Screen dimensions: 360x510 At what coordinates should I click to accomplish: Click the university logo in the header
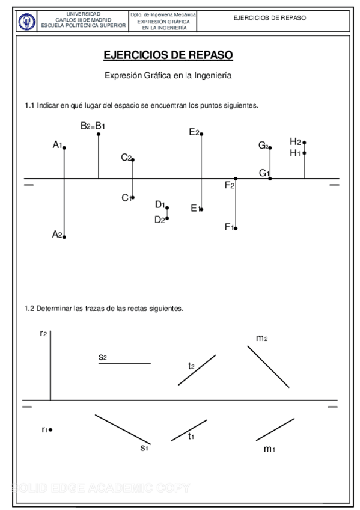pyautogui.click(x=27, y=22)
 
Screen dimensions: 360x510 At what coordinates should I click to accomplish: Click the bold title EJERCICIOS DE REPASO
pyautogui.click(x=168, y=55)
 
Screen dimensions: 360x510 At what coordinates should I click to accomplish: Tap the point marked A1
pyautogui.click(x=64, y=147)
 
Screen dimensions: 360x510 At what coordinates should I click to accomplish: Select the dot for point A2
pyautogui.click(x=64, y=237)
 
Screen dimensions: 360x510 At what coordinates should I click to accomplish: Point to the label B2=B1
pyautogui.click(x=93, y=126)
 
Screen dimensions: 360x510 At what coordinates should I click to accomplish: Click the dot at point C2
pyautogui.click(x=133, y=159)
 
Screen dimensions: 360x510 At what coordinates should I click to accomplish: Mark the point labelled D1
pyautogui.click(x=167, y=207)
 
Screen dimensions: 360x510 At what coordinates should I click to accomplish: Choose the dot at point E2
pyautogui.click(x=201, y=134)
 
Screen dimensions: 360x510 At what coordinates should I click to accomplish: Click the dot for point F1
pyautogui.click(x=236, y=228)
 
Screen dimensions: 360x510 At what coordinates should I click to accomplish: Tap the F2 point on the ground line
pyautogui.click(x=236, y=179)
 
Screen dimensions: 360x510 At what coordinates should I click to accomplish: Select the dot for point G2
pyautogui.click(x=270, y=147)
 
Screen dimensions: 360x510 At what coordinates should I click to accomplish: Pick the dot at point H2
pyautogui.click(x=305, y=143)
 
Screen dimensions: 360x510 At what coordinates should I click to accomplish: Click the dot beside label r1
pyautogui.click(x=50, y=429)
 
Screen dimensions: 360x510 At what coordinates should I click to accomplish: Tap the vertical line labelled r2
pyautogui.click(x=50, y=367)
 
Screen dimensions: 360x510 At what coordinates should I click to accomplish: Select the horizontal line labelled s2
pyautogui.click(x=125, y=363)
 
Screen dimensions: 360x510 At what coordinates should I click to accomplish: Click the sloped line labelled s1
pyautogui.click(x=123, y=429)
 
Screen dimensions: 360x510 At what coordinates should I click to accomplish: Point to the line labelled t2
pyautogui.click(x=197, y=370)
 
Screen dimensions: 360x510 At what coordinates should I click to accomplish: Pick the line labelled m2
pyautogui.click(x=269, y=366)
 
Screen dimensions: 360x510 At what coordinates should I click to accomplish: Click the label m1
pyautogui.click(x=269, y=449)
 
